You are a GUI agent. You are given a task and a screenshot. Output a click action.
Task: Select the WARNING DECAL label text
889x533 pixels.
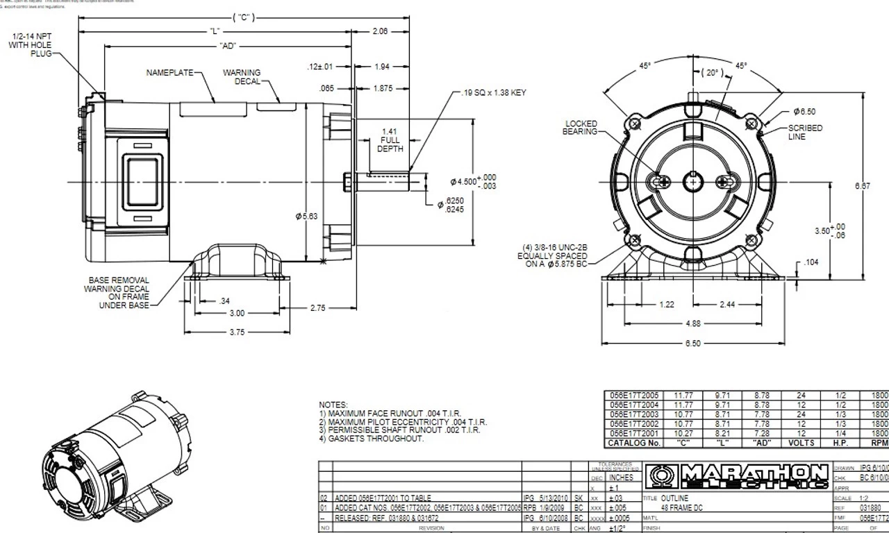242,76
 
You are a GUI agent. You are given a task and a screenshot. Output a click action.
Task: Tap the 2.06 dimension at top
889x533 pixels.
380,31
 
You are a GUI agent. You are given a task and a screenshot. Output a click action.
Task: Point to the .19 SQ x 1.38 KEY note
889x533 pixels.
494,92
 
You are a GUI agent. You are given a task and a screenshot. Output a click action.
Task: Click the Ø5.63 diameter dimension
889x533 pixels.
307,217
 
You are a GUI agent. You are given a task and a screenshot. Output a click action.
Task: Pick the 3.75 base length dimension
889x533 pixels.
237,332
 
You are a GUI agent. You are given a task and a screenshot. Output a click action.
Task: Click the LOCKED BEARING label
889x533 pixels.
581,128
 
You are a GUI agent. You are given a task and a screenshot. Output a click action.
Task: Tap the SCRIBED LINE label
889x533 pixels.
805,132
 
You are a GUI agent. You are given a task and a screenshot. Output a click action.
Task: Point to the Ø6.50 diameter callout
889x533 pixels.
804,111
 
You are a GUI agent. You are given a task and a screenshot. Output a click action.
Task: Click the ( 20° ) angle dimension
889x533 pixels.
712,73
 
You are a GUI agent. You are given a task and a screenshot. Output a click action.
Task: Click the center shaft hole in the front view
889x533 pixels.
693,182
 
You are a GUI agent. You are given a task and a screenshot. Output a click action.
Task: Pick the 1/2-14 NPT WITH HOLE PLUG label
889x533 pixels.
40,44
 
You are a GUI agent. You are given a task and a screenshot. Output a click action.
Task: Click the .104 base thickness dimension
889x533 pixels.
812,263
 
